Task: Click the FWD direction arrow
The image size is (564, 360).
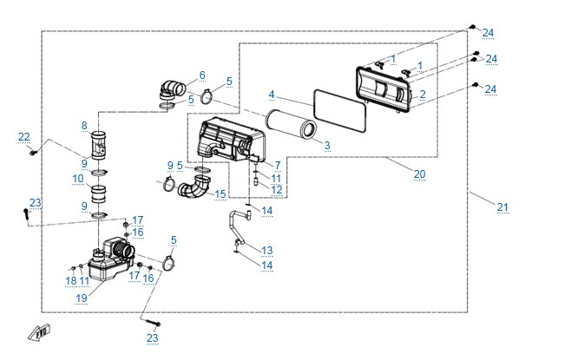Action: (39, 332)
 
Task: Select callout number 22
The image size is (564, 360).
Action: (24, 137)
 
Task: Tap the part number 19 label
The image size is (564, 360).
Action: (82, 298)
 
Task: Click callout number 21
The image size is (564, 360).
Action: (502, 206)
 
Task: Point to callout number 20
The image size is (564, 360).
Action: (419, 174)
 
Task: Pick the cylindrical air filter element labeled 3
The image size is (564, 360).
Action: (291, 124)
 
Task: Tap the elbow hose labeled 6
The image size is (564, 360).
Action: (173, 89)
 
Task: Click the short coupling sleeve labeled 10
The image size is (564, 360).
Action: (98, 193)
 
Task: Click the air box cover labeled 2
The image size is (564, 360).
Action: (384, 89)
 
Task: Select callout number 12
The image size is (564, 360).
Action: (277, 189)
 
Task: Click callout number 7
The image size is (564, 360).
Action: (278, 165)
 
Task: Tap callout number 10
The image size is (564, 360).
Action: (78, 179)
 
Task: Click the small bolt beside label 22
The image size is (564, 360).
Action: (34, 153)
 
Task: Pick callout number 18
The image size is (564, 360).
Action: (71, 280)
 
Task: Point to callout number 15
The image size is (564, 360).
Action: (220, 194)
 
